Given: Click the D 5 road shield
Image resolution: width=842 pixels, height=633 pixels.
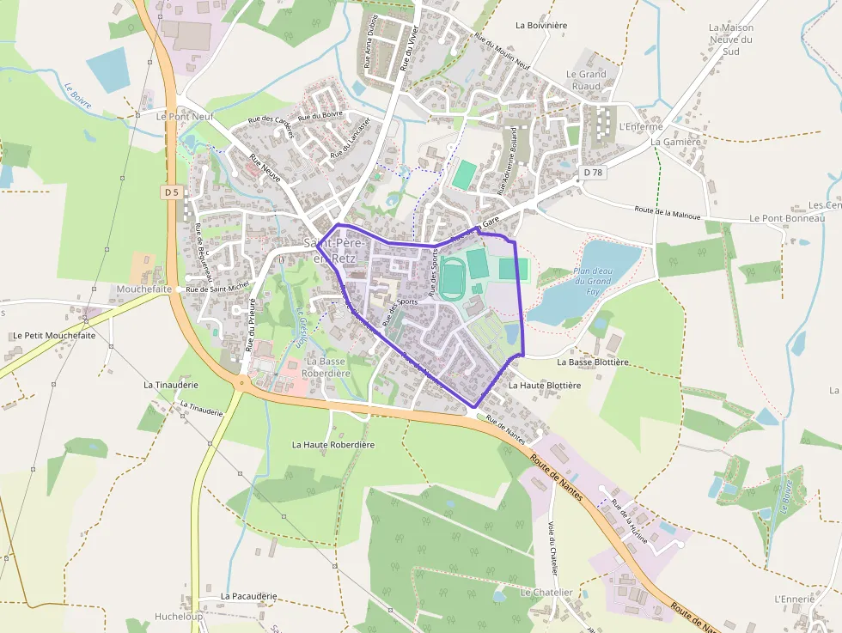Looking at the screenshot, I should (172, 192).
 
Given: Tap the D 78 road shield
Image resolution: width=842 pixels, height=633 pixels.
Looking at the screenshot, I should (593, 173).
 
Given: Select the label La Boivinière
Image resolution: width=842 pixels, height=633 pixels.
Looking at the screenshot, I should (541, 26).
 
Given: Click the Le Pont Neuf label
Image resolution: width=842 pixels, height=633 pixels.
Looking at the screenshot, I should (184, 115).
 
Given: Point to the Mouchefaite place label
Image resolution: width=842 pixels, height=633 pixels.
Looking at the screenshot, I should (145, 289).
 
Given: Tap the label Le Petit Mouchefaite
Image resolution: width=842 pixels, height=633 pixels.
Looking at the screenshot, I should (54, 336).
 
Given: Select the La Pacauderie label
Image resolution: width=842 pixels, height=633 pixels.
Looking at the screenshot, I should (248, 596).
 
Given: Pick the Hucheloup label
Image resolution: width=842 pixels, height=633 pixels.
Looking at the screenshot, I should (179, 616).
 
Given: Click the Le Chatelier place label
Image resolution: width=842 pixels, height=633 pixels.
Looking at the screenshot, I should (546, 593).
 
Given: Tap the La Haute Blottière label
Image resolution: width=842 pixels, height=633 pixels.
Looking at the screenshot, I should (545, 386).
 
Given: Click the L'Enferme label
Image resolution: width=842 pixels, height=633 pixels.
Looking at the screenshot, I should (641, 127).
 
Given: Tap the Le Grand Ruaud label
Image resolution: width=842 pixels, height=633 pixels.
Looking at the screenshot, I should (586, 80).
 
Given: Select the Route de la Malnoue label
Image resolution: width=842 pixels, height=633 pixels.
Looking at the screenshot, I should (668, 213).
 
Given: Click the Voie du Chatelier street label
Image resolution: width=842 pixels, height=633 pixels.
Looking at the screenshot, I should (553, 547).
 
